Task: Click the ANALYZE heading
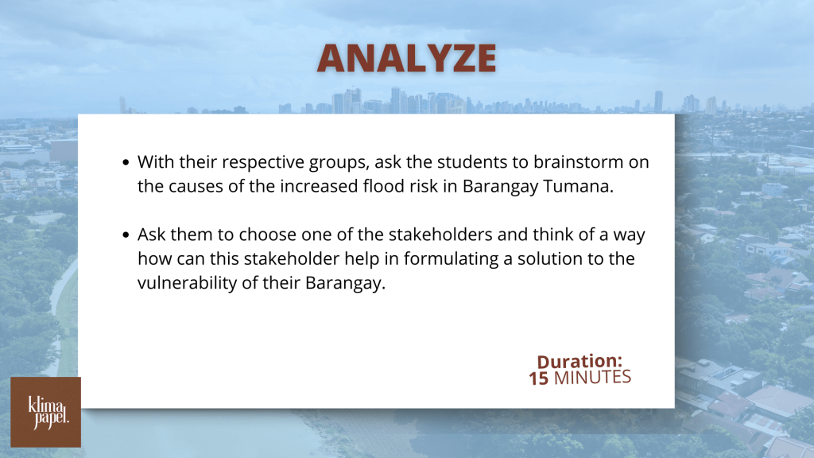click(406, 58)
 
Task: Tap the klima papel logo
click(45, 413)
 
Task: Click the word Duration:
click(579, 361)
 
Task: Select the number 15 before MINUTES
click(538, 378)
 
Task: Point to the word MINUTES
click(592, 378)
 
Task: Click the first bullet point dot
click(126, 162)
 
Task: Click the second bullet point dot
click(126, 235)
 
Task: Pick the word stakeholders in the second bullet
click(440, 235)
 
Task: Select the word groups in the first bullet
click(339, 163)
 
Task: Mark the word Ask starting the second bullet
click(151, 235)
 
